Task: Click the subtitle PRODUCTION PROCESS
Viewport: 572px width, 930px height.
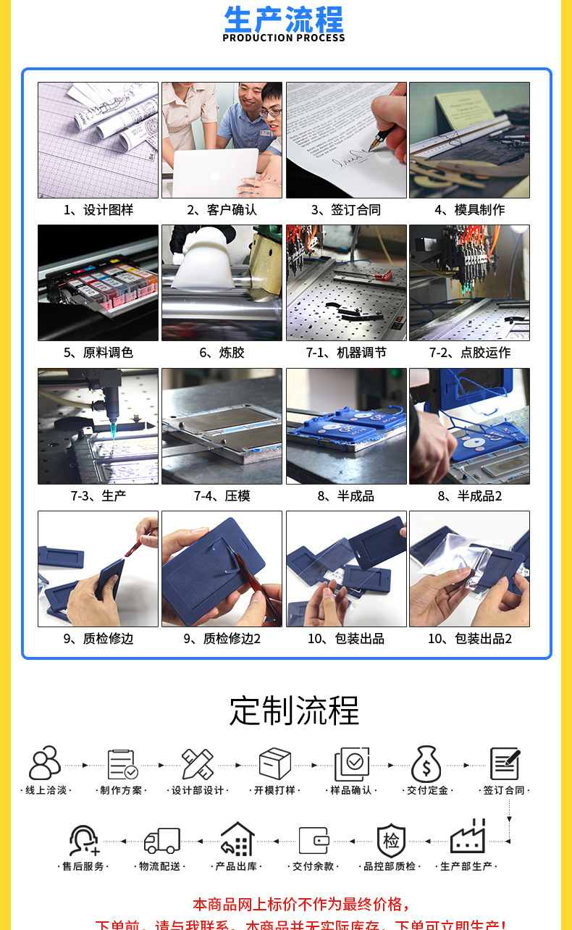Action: pos(284,38)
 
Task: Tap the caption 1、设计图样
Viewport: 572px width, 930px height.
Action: pos(98,210)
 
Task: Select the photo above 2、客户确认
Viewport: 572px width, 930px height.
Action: pos(222,140)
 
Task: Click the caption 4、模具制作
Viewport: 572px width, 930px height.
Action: pos(469,210)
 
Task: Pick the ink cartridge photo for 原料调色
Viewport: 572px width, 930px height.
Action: pos(98,282)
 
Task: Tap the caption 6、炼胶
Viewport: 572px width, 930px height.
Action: pos(222,353)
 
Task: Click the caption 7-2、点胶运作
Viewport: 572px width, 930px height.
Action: pos(469,353)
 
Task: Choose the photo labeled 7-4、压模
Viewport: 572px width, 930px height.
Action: pos(222,426)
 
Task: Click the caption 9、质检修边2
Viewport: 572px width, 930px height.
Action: pos(222,639)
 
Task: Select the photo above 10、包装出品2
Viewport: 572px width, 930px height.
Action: pos(469,569)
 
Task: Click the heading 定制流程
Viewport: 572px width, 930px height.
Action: pos(294,711)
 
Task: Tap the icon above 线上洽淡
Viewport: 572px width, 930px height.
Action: pos(45,763)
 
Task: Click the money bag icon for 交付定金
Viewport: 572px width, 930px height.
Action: pos(426,763)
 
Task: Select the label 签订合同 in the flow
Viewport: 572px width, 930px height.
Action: pos(505,790)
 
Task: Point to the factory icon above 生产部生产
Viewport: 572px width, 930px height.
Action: pos(467,838)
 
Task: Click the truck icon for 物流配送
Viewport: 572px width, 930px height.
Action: pos(161,840)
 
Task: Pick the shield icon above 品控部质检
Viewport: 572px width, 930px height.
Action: pos(391,840)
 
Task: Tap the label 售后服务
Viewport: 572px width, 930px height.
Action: pos(84,866)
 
